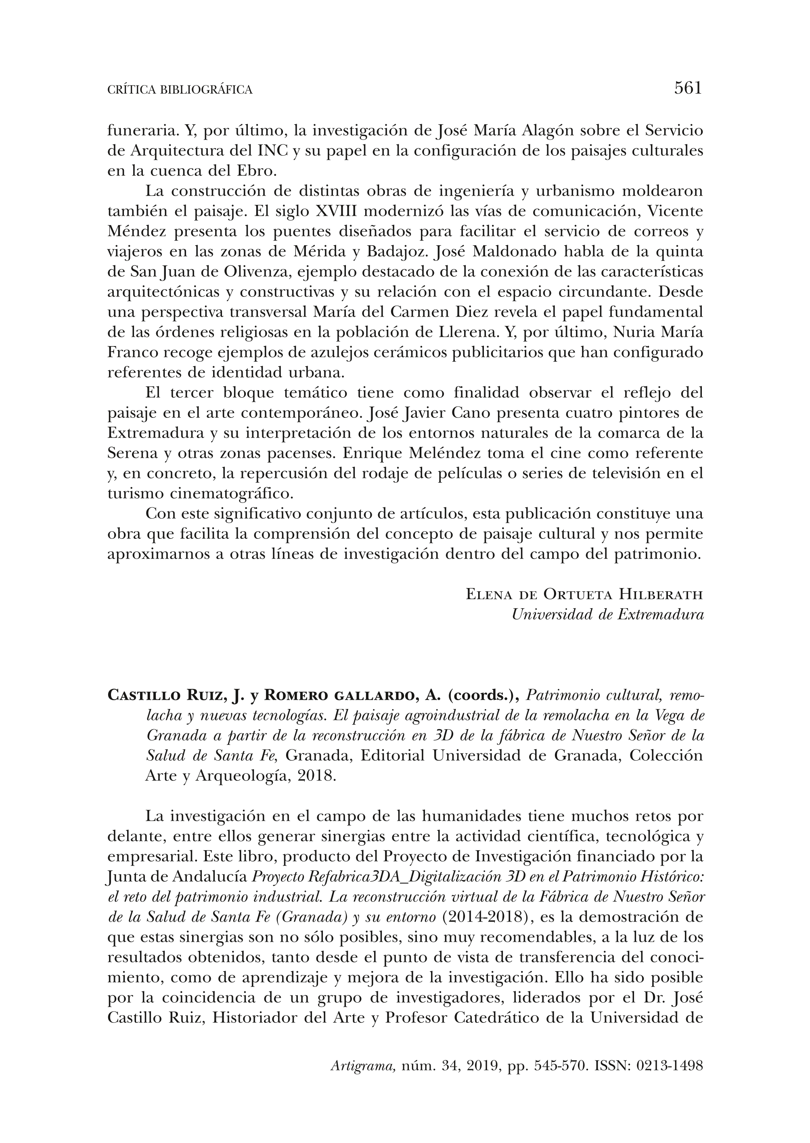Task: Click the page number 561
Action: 688,88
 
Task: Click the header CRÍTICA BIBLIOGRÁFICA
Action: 180,90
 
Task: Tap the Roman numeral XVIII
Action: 337,212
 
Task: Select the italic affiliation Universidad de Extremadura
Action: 607,615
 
